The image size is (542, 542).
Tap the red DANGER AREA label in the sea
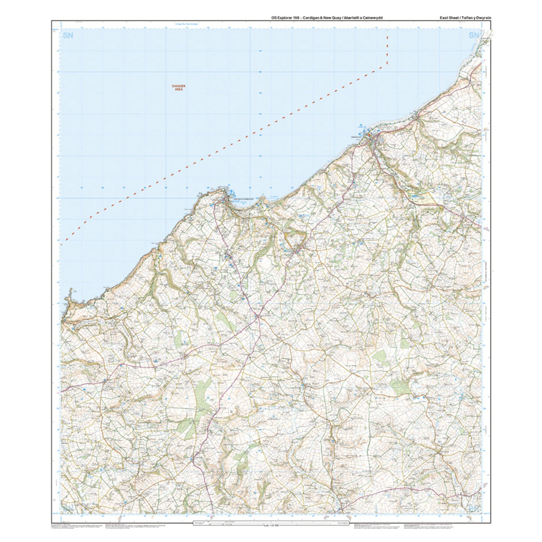tap(178, 88)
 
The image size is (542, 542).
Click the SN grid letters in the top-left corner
tap(67, 36)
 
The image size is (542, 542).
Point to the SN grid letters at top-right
tap(474, 36)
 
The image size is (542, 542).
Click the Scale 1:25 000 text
tap(270, 526)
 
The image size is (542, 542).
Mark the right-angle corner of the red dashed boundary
tap(387, 65)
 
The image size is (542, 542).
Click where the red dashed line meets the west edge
tap(61, 245)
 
